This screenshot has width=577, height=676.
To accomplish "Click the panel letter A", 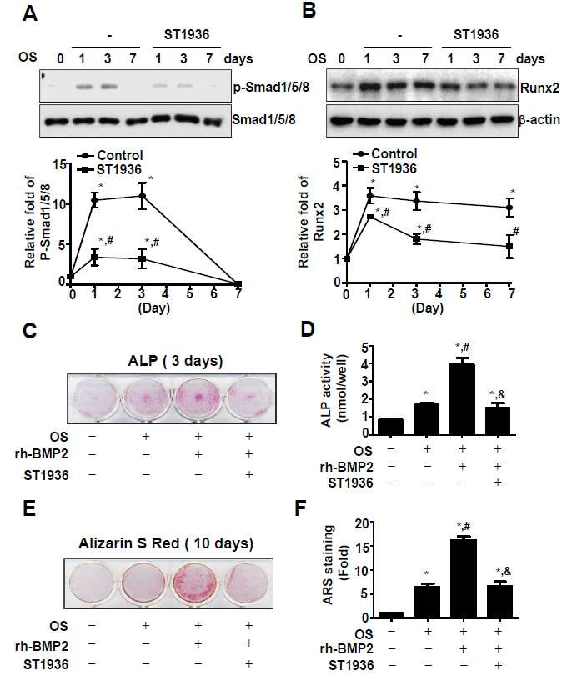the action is point(30,13).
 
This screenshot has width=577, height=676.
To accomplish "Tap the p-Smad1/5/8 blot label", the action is point(271,88).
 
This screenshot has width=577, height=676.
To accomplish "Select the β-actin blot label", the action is point(539,119).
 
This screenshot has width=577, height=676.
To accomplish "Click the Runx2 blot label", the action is point(539,88).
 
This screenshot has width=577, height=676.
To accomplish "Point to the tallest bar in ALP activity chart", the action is point(462,398).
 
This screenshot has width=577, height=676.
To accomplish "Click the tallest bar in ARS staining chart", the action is point(463,578).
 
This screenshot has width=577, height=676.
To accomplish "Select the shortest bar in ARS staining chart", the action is point(391,615).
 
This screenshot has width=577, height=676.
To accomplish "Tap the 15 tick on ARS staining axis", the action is point(363,547).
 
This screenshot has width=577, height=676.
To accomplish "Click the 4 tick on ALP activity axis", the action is point(365,364).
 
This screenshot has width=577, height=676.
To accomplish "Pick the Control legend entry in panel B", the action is point(384,153).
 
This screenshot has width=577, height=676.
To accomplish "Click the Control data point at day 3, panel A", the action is point(142,196).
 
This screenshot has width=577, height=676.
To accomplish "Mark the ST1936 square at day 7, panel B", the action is point(509,246).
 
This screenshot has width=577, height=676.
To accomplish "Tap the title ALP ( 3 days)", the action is point(175,360).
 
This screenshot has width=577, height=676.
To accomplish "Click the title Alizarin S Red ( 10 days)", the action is point(166,543).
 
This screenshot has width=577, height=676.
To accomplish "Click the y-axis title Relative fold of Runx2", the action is point(311,222).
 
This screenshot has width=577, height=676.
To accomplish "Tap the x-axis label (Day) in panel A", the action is point(154,308).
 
